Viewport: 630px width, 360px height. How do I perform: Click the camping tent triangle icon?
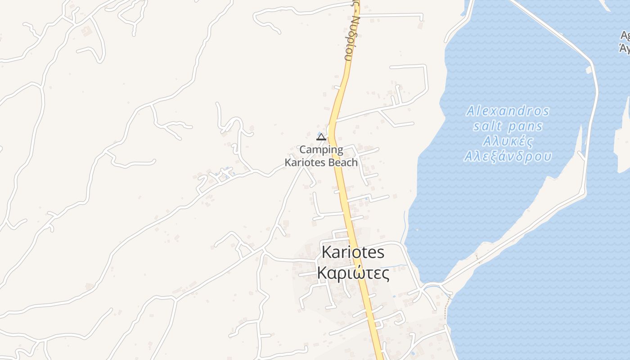tap(321, 136)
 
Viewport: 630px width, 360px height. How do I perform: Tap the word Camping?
tap(321, 149)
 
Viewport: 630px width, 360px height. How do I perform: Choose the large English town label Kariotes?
tap(353, 252)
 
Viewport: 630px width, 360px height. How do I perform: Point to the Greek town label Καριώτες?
tap(353, 273)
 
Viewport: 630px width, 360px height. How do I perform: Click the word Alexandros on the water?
tap(508, 111)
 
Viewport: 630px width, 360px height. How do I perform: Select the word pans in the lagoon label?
tap(526, 126)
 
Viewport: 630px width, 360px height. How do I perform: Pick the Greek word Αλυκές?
tap(508, 141)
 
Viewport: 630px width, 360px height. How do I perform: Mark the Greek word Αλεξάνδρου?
tap(508, 156)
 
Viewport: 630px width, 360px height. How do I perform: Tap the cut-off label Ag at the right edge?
tap(625, 35)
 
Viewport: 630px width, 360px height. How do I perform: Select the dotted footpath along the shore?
tap(446, 310)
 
